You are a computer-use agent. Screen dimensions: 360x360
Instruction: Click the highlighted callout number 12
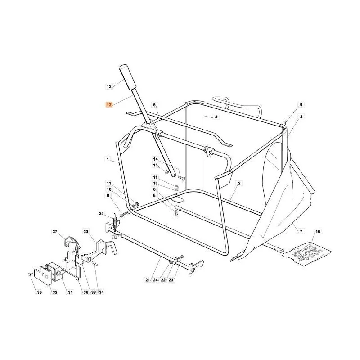click(x=109, y=105)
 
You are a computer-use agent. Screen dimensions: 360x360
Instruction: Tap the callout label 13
click(x=109, y=86)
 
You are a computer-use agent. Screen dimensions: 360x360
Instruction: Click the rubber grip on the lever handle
click(x=128, y=77)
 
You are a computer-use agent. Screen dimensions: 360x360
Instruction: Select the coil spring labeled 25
click(x=115, y=222)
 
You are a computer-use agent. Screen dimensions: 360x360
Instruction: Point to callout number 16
click(x=318, y=232)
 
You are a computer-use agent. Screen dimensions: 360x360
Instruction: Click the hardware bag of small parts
click(x=306, y=254)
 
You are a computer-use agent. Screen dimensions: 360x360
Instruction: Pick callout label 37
click(x=55, y=232)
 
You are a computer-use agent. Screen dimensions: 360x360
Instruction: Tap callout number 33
click(x=86, y=232)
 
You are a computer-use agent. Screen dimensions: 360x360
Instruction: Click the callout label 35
click(x=40, y=292)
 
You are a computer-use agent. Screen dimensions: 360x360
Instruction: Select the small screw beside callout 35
click(x=29, y=274)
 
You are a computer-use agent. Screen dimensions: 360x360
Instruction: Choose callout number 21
click(x=148, y=280)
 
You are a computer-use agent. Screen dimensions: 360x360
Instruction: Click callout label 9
click(x=301, y=105)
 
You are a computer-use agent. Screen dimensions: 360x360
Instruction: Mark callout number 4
click(x=301, y=117)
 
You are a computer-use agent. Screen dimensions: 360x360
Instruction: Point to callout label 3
click(x=216, y=117)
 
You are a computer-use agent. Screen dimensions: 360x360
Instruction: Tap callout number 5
click(x=154, y=105)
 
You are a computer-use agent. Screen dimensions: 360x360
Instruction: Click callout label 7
click(x=301, y=232)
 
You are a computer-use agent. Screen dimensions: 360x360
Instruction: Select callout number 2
click(x=239, y=183)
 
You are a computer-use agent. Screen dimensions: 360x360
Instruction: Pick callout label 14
click(x=155, y=159)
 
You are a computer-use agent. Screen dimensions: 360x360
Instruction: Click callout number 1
click(x=108, y=159)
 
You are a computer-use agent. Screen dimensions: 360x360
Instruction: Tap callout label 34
click(x=101, y=292)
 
